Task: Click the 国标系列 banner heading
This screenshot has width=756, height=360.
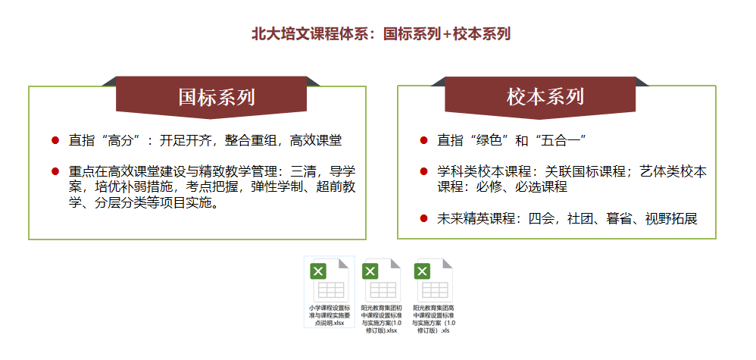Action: click(x=217, y=97)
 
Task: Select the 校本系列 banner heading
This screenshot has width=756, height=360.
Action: click(x=545, y=97)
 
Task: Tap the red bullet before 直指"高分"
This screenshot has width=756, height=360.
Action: click(x=55, y=140)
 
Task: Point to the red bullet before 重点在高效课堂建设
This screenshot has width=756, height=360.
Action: click(x=55, y=171)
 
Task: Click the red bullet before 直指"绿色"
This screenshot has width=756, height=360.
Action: click(x=423, y=140)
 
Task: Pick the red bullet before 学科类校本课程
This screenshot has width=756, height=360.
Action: click(x=423, y=171)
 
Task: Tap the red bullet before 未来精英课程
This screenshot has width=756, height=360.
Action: click(x=423, y=218)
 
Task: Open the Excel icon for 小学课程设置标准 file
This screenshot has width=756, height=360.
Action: click(x=330, y=280)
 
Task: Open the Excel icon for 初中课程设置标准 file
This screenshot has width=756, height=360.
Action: click(x=381, y=280)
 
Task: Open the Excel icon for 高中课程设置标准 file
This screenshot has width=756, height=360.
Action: click(x=433, y=280)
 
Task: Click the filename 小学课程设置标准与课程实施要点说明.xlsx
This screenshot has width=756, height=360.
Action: click(x=330, y=315)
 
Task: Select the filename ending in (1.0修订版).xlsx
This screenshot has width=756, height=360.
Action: click(x=381, y=319)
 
